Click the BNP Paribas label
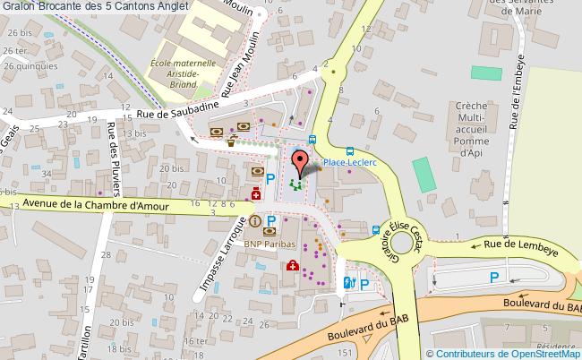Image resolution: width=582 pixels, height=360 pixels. tap(268, 243)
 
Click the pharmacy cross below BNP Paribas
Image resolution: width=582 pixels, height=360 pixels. tap(292, 265)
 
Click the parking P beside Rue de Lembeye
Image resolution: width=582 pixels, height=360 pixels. tap(494, 279)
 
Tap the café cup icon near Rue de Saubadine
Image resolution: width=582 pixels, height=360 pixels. tap(230, 141)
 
